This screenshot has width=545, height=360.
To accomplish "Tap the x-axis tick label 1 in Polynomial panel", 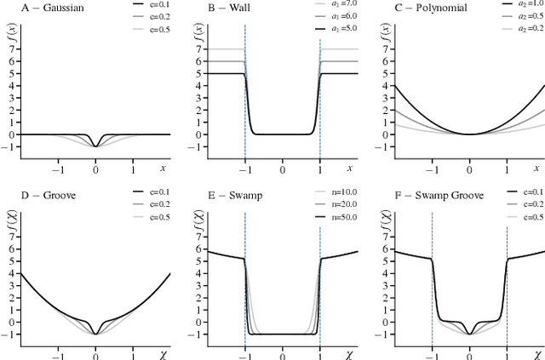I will point(508,164).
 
